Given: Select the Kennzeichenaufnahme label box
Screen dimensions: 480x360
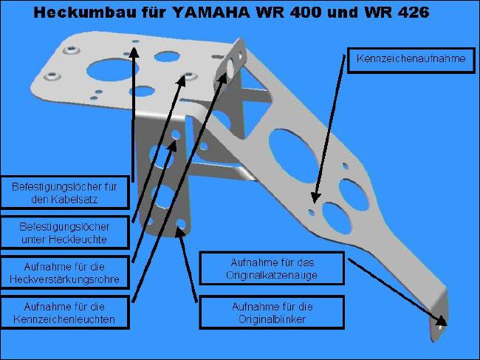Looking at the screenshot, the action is (411, 61).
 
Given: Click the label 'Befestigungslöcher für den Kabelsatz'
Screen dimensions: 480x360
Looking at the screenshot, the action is (64, 193).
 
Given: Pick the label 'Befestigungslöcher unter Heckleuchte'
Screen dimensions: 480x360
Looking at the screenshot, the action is (64, 233).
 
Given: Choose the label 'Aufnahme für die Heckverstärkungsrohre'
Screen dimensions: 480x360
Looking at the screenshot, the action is (64, 273).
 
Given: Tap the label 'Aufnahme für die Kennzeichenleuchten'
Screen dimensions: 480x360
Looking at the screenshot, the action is (64, 313).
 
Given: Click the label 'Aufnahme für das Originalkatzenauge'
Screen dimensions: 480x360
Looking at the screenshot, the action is (272, 268).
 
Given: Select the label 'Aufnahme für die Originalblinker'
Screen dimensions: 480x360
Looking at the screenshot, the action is (272, 313).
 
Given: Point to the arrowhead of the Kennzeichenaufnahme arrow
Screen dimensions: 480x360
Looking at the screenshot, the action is (315, 197).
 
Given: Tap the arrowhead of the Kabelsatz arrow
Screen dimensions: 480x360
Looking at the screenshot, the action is (134, 52).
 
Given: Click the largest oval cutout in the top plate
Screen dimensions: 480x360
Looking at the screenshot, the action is (112, 70).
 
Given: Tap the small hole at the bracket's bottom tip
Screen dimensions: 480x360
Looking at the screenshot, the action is (440, 327).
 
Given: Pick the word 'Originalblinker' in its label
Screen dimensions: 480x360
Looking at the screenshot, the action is (272, 319).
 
